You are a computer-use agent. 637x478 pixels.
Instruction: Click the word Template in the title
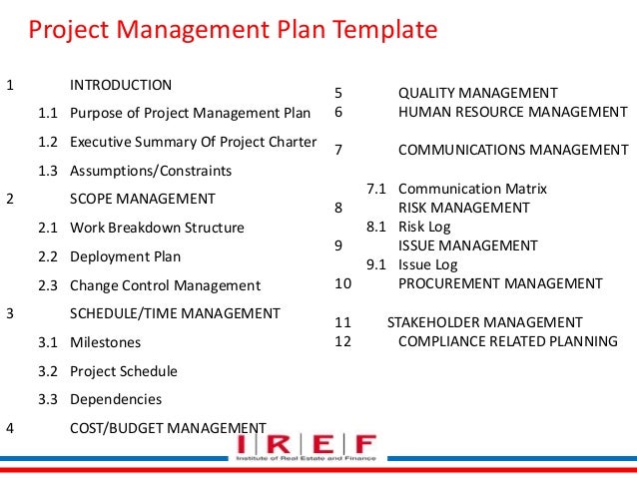point(383,30)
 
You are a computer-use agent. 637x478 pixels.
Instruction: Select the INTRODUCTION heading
point(121,85)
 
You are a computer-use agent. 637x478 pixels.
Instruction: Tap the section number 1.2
point(48,142)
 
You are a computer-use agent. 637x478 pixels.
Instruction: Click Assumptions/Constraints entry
point(151,171)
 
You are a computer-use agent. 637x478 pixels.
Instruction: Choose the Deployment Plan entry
point(125,256)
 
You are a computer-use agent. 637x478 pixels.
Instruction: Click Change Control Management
point(165,285)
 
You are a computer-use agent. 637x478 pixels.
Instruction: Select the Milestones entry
point(106,342)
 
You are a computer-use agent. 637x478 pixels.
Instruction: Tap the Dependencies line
point(116,399)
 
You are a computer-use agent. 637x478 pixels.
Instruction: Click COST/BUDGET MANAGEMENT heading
point(168,428)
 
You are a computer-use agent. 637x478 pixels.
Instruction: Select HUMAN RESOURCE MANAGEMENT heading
point(513,112)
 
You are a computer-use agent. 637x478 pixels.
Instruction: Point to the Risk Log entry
point(424,227)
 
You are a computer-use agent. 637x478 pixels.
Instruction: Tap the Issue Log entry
point(428,264)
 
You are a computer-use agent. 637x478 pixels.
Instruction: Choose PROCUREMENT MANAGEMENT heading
point(500,283)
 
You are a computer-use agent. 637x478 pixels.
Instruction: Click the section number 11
point(343,322)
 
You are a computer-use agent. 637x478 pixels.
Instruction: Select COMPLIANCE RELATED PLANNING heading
point(507,341)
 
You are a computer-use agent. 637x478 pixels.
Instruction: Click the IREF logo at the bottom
point(307,446)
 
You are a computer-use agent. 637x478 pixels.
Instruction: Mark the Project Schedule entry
point(124,371)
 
